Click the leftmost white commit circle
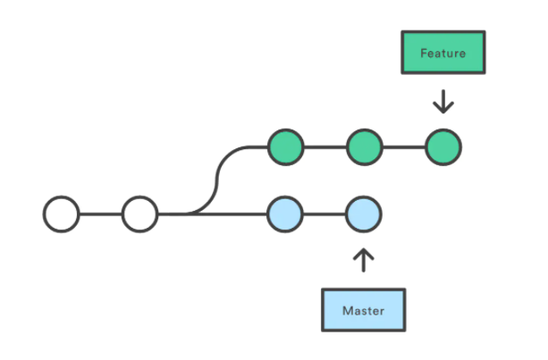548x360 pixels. (61, 214)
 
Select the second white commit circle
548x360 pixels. (139, 214)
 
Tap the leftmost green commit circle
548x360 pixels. (285, 147)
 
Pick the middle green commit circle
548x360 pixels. (365, 147)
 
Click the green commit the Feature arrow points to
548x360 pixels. (443, 147)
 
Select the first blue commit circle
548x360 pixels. (285, 214)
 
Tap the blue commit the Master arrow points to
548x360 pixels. (364, 214)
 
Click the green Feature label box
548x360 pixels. (443, 53)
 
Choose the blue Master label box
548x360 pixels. (364, 310)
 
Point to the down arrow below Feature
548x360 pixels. (443, 101)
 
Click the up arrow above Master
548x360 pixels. (364, 260)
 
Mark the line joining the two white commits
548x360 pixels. (101, 214)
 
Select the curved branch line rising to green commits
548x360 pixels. (217, 178)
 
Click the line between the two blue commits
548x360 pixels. (325, 214)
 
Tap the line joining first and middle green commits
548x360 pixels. (325, 147)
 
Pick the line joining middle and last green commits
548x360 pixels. (404, 147)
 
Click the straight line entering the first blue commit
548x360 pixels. (213, 214)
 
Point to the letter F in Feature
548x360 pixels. (424, 53)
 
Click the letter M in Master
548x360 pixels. (348, 310)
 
